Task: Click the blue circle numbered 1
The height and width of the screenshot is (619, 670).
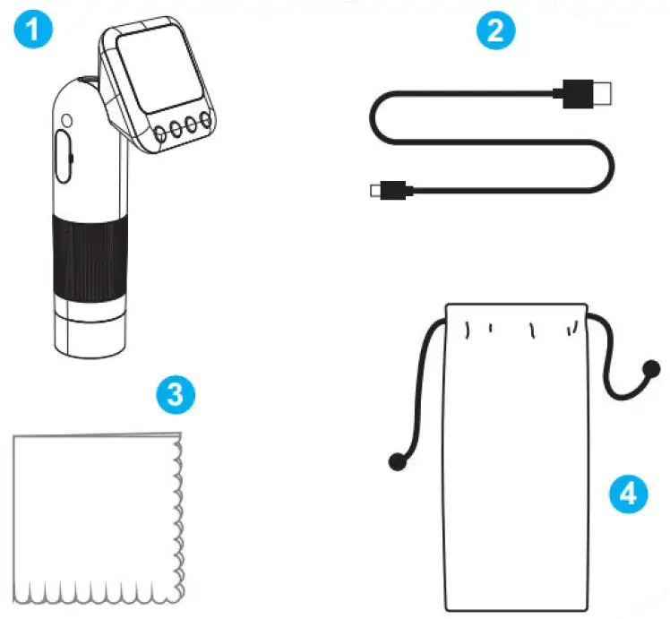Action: click(30, 30)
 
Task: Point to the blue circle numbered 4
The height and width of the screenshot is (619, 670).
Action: click(630, 493)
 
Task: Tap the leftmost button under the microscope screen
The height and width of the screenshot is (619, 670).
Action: click(160, 134)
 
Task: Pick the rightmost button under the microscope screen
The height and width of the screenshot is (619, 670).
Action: click(206, 119)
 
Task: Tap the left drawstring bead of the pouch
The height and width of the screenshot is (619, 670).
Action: click(394, 461)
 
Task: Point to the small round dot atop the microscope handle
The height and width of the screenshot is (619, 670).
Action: click(66, 117)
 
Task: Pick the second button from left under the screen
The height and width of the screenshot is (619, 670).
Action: click(176, 129)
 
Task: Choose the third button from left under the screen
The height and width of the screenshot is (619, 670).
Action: click(192, 124)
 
